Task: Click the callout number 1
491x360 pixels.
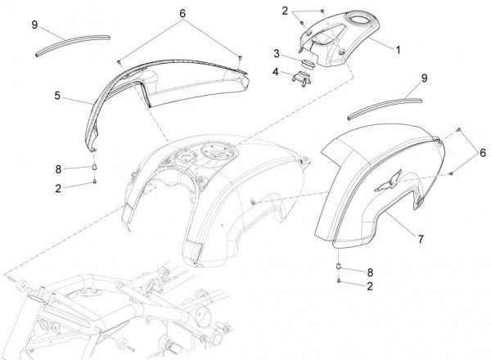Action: point(398,50)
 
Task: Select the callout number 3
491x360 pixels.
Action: point(277,53)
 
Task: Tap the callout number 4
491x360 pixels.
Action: point(275,72)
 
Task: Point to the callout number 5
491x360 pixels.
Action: point(57,96)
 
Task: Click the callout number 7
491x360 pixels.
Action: point(421,239)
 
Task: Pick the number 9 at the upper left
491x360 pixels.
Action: point(34,25)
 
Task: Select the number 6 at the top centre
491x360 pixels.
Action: point(182,13)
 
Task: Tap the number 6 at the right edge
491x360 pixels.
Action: point(483,153)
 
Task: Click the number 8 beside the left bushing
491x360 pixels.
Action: point(58,169)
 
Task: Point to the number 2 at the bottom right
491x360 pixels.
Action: point(370,286)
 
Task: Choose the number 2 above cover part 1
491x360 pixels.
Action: point(285,11)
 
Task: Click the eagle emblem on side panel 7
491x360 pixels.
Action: point(388,182)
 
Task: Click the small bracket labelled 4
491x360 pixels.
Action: point(301,78)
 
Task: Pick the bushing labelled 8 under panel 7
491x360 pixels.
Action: point(339,267)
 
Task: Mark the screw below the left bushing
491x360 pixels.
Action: point(95,181)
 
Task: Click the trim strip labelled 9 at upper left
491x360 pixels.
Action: point(72,45)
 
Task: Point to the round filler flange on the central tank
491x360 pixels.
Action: point(217,151)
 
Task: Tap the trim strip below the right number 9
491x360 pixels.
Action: point(385,108)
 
